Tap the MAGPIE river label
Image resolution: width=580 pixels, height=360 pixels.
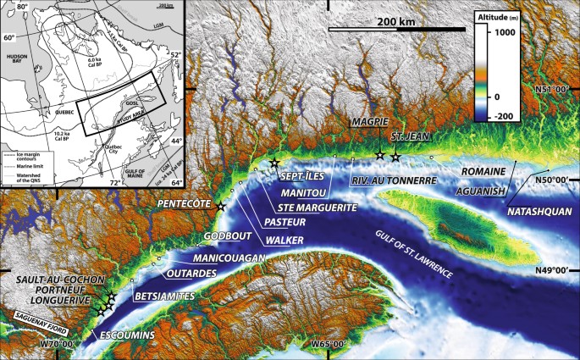point(370,123)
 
